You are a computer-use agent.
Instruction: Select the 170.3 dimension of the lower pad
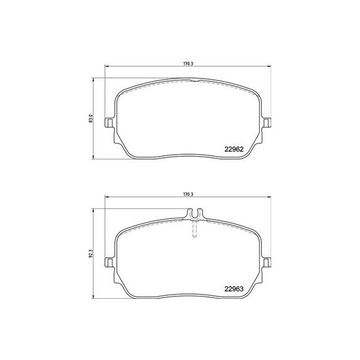point(187,195)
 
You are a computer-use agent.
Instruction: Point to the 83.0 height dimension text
point(91,118)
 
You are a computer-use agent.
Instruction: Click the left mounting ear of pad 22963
point(109,262)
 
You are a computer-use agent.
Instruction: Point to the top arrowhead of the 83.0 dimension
point(95,79)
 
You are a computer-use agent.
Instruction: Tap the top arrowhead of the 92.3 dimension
point(95,210)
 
